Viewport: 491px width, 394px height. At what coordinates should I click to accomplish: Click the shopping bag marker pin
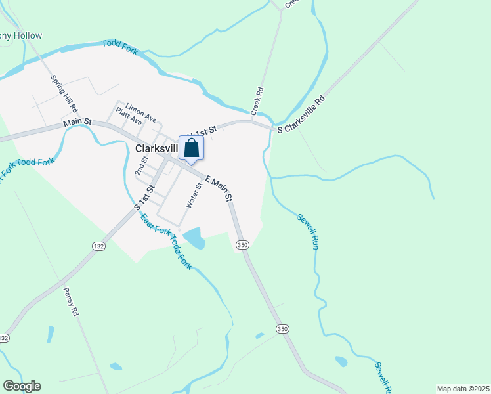point(191,148)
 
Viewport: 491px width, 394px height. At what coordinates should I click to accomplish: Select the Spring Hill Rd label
point(64,93)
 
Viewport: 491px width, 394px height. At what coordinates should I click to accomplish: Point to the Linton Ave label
point(141,112)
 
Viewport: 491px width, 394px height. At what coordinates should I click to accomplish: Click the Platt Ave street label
point(129,116)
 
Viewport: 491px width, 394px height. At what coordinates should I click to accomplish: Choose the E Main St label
point(219,188)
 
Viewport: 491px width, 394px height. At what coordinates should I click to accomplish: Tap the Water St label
point(192,196)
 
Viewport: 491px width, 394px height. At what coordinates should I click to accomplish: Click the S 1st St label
point(144,197)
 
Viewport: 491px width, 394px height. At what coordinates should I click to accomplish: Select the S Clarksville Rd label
point(301,116)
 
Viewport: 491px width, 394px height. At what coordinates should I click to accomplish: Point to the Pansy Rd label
point(71,301)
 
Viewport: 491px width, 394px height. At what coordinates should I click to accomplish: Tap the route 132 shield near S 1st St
point(98,246)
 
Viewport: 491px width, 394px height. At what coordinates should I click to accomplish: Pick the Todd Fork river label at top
point(119,48)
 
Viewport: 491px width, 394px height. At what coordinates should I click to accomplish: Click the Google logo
point(22,386)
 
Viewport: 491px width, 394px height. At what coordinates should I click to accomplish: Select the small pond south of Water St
point(194,238)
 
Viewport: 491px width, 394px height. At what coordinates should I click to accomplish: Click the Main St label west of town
point(77,123)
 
